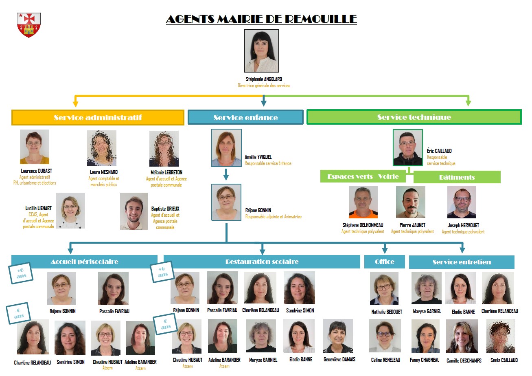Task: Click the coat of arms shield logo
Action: tap(28, 25)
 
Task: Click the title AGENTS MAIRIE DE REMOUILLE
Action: tap(261, 19)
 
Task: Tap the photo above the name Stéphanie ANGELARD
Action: tap(261, 51)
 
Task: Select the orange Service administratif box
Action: tap(98, 117)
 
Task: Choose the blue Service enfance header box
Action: tap(245, 117)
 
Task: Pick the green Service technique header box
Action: tap(414, 117)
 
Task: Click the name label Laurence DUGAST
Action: tap(37, 171)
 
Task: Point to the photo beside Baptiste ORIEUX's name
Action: tap(134, 211)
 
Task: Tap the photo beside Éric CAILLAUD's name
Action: tap(408, 147)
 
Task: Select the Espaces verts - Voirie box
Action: tap(363, 176)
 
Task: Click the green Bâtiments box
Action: tap(457, 177)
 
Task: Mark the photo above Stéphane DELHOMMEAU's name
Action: tap(363, 202)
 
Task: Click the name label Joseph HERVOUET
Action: tap(463, 225)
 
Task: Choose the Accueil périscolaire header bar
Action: tap(84, 262)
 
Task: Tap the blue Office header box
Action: tap(384, 262)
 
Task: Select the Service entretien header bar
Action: tap(462, 262)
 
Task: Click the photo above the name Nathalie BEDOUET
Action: tap(384, 288)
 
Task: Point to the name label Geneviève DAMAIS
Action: tap(339, 359)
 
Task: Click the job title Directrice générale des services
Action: tap(264, 86)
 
